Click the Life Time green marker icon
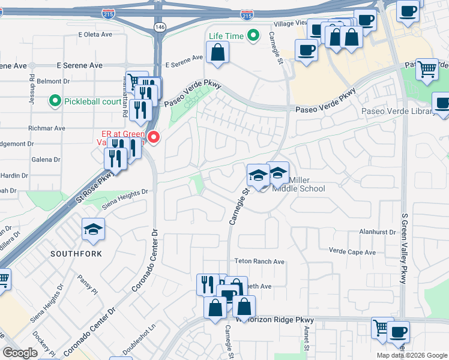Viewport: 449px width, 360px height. pyautogui.click(x=253, y=36)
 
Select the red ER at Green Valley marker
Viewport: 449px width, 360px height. pyautogui.click(x=154, y=138)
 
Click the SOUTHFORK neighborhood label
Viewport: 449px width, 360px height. pyautogui.click(x=76, y=254)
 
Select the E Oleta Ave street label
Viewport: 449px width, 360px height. pyautogui.click(x=95, y=34)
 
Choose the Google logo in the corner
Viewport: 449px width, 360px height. pyautogui.click(x=20, y=353)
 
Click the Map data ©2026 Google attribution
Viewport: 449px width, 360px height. pyautogui.click(x=412, y=355)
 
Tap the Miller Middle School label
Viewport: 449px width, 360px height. pyautogui.click(x=299, y=184)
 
